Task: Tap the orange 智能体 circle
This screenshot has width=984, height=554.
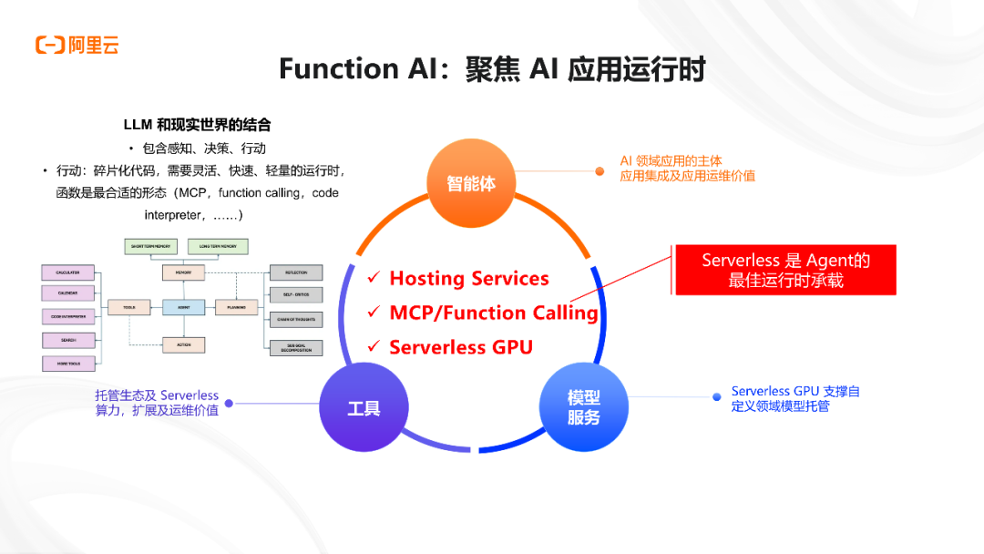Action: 471,183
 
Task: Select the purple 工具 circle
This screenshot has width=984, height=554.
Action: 364,408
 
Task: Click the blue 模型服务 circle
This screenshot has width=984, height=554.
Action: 584,407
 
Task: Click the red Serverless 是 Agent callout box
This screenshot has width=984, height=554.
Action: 785,270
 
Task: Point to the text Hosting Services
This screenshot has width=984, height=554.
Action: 469,279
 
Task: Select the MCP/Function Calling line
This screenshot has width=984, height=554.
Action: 493,313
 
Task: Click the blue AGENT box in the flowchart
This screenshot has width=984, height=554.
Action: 183,308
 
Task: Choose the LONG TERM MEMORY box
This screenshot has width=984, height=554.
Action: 218,246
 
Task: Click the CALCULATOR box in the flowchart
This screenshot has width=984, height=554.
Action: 68,272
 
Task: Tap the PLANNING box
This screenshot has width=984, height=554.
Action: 237,308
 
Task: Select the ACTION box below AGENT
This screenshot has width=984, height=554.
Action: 183,344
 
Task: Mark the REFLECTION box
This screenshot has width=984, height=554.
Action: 296,272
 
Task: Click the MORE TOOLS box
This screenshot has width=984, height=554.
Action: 68,364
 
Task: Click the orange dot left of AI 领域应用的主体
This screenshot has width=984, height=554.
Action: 600,170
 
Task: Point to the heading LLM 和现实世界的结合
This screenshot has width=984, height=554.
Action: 197,124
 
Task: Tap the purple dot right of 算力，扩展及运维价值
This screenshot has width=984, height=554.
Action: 229,403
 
